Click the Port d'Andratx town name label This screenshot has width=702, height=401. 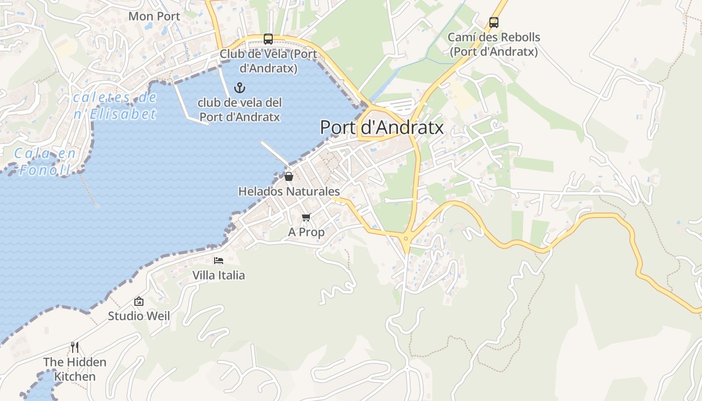tap(382, 127)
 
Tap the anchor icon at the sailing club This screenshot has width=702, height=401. tap(240, 88)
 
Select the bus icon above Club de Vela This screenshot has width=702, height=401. tap(268, 39)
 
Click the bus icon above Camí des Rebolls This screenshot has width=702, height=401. tap(494, 22)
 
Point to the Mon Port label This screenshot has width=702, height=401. tap(154, 16)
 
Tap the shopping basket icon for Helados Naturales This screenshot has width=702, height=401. tap(289, 176)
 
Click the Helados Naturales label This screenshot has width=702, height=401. tap(289, 191)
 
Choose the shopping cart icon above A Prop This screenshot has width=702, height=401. tap(306, 217)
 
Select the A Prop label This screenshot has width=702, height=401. tap(306, 232)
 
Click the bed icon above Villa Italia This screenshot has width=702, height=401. tap(219, 260)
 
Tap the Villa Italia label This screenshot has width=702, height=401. tap(219, 275)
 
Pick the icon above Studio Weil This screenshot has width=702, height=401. tap(139, 301)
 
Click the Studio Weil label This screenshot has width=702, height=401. tap(139, 316)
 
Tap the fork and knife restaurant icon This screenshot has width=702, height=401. tap(75, 347)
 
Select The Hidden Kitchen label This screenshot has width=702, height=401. tap(75, 369)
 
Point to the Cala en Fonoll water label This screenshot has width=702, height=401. tap(45, 161)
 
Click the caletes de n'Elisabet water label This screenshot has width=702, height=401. tap(115, 106)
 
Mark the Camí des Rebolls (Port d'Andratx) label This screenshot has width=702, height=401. tap(494, 44)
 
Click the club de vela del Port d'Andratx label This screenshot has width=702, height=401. tap(240, 110)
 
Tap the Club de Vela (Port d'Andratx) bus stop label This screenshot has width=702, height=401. tap(268, 61)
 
